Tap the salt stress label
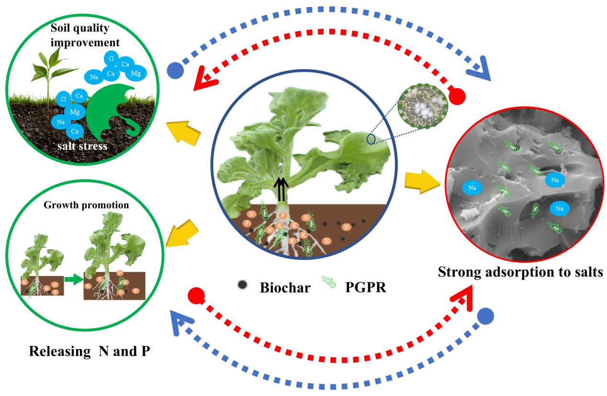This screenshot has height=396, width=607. point(80,146)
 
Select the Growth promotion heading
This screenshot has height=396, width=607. point(86,205)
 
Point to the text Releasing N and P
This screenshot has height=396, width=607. point(90,351)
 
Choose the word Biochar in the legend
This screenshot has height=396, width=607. point(285,287)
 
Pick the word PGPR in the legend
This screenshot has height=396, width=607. point(365,287)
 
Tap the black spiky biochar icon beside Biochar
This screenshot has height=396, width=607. point(242,284)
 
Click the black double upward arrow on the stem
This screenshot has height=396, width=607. point(282,189)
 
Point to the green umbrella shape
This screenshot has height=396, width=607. point(112,113)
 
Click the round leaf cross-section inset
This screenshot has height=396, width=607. point(421,106)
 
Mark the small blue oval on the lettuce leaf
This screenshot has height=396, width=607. point(371,139)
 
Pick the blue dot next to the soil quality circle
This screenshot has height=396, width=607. point(175,71)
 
